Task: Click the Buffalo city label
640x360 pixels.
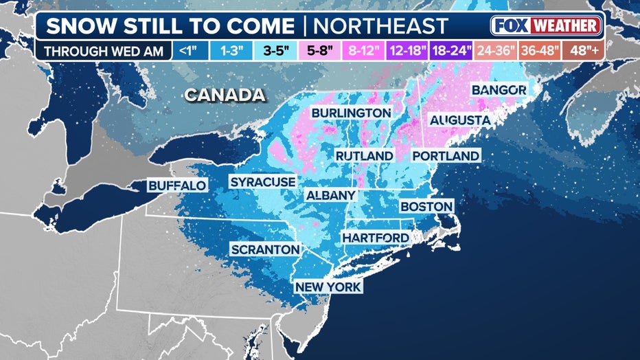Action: pyautogui.click(x=177, y=185)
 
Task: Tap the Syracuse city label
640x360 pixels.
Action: pyautogui.click(x=262, y=181)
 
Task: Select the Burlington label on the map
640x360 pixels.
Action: pyautogui.click(x=351, y=113)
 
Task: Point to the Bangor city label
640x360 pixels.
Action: pyautogui.click(x=499, y=90)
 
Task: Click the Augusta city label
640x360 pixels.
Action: pyautogui.click(x=459, y=120)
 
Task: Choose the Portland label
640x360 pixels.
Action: pyautogui.click(x=445, y=156)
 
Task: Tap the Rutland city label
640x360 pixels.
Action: pyautogui.click(x=364, y=156)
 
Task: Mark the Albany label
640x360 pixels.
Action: pyautogui.click(x=330, y=195)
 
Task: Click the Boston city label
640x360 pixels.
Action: pyautogui.click(x=426, y=206)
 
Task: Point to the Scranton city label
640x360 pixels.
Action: pyautogui.click(x=265, y=249)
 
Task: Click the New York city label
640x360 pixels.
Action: pyautogui.click(x=328, y=286)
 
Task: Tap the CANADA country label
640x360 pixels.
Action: pyautogui.click(x=225, y=95)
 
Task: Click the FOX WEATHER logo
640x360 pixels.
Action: pyautogui.click(x=546, y=26)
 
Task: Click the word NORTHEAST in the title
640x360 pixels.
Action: pyautogui.click(x=380, y=26)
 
